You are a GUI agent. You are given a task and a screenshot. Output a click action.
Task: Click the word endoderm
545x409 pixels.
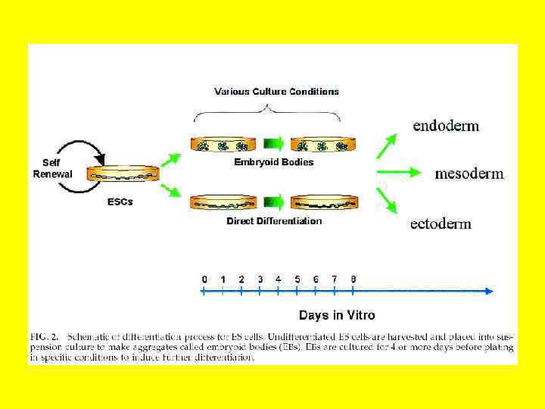tap(446, 126)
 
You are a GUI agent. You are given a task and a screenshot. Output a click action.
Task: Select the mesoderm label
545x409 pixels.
tap(469, 173)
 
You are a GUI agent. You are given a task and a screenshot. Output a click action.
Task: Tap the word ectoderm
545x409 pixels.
tap(441, 223)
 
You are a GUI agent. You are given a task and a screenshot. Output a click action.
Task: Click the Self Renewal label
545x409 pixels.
tap(52, 168)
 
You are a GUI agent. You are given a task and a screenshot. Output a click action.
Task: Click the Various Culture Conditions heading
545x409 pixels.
tap(276, 92)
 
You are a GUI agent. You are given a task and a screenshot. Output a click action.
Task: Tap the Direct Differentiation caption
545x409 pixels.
tap(274, 221)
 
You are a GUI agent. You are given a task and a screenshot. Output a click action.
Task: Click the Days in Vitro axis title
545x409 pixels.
tap(337, 315)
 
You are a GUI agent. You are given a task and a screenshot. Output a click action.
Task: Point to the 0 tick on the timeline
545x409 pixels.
tap(204, 279)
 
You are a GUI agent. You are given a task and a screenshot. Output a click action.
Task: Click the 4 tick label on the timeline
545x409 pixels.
tap(279, 279)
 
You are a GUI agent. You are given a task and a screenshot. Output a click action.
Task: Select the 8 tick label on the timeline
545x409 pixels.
tap(353, 279)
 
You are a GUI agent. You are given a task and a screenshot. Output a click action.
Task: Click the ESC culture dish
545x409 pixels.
tap(123, 175)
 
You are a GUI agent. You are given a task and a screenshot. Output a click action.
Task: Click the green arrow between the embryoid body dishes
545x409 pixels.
tap(273, 143)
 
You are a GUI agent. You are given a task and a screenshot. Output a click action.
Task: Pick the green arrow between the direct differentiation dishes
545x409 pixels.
tap(273, 201)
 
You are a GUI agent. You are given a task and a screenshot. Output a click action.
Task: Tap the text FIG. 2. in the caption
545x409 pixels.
tap(45, 334)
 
